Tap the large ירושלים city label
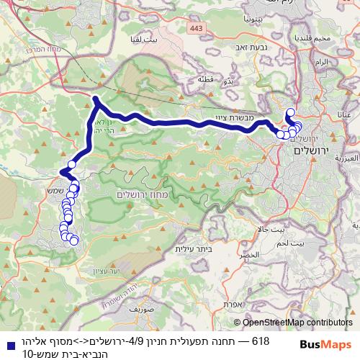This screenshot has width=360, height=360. [x=311, y=152]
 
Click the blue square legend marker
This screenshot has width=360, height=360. [x=6, y=345]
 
